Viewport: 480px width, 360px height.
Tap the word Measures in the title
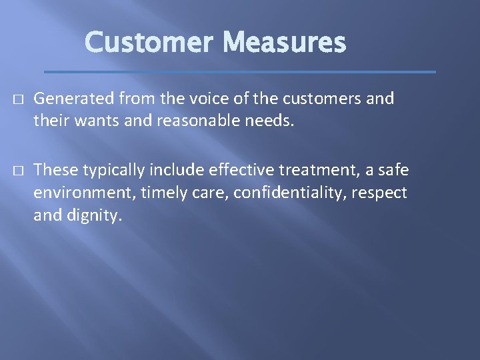285,43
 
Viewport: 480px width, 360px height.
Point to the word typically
110,171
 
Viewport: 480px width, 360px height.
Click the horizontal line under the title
239,71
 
